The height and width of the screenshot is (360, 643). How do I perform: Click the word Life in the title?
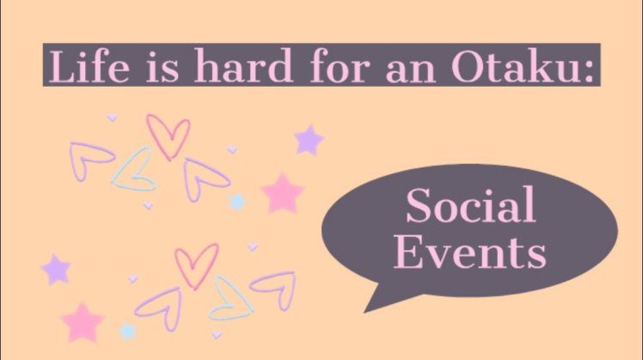point(89,65)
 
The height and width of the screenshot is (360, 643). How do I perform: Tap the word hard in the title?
point(242,65)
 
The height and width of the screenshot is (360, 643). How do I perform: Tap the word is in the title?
point(162,66)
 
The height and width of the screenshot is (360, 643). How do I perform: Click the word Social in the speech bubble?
point(471,204)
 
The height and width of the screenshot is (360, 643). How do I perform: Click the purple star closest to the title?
point(309,140)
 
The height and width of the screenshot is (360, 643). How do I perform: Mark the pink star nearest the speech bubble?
point(282,193)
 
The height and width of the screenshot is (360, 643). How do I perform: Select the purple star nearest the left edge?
point(56,270)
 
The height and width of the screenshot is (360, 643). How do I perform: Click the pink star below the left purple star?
point(83,323)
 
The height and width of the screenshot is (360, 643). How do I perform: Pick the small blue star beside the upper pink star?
point(237,202)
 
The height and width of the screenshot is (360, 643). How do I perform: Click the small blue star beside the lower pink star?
point(127,331)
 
